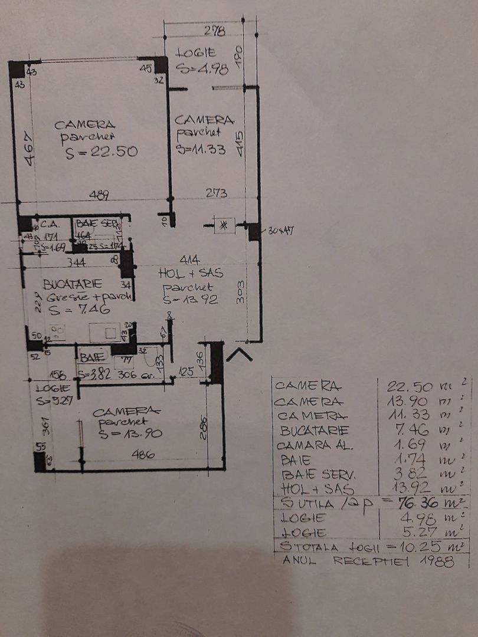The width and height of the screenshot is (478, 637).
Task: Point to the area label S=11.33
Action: pyautogui.click(x=201, y=150)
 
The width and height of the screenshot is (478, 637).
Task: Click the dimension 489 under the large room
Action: pyautogui.click(x=99, y=194)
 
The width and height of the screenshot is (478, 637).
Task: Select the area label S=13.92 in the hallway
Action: pyautogui.click(x=191, y=300)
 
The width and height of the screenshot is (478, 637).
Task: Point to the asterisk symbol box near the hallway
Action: pyautogui.click(x=224, y=224)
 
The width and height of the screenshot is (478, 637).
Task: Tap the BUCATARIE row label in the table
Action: pyautogui.click(x=315, y=431)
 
